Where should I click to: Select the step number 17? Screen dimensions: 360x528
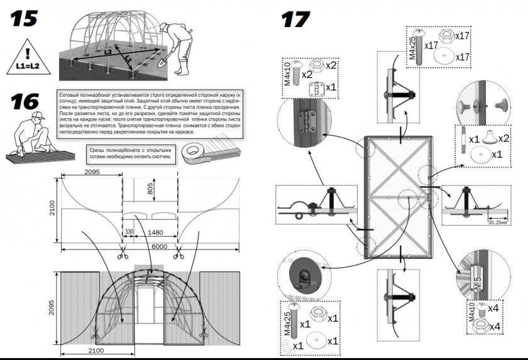[x=296, y=19]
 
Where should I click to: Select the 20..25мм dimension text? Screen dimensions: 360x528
[x=502, y=221]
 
